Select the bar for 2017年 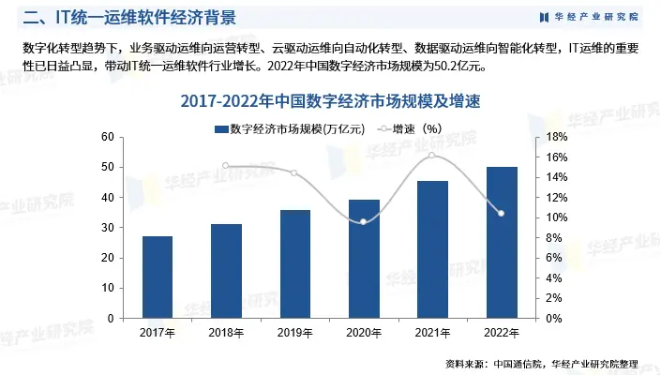(x=158, y=277)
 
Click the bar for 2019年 (x=295, y=264)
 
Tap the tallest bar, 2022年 (x=502, y=243)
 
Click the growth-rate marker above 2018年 (x=226, y=166)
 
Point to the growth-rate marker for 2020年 (x=364, y=221)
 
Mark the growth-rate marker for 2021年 (x=433, y=155)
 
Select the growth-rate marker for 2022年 (x=502, y=214)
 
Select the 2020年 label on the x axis (x=364, y=333)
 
